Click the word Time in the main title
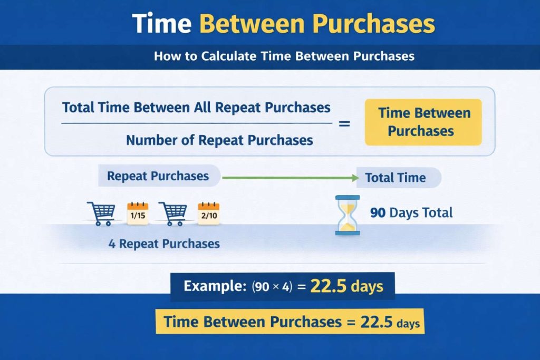click(x=160, y=24)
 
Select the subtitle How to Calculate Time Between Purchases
click(x=284, y=56)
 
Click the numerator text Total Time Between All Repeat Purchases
click(x=196, y=108)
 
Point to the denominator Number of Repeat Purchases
click(x=219, y=140)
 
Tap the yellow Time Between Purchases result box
click(x=423, y=122)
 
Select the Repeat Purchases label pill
click(x=158, y=176)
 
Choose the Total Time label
click(x=396, y=178)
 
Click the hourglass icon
click(x=347, y=215)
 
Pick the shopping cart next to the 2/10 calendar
click(x=173, y=213)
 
